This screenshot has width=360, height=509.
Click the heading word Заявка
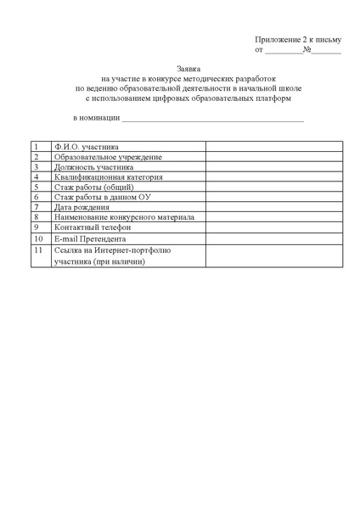pos(189,67)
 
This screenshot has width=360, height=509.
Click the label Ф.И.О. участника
pos(86,147)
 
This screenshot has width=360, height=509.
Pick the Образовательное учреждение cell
pos(108,157)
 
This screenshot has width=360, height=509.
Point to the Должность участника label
pos(93,167)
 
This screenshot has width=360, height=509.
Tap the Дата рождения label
pos(82,207)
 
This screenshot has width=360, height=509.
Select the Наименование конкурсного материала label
pos(124,217)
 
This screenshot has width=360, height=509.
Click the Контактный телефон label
pos(92,227)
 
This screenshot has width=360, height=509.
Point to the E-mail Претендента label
pos(90,238)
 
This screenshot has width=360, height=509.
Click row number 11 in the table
pos(38,251)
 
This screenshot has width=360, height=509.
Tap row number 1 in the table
pos(37,147)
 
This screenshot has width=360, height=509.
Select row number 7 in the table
pos(37,207)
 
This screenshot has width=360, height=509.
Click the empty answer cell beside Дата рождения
pos(273,207)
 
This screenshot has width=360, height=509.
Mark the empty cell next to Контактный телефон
pos(273,227)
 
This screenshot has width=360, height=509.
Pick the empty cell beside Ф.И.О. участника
pos(273,147)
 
